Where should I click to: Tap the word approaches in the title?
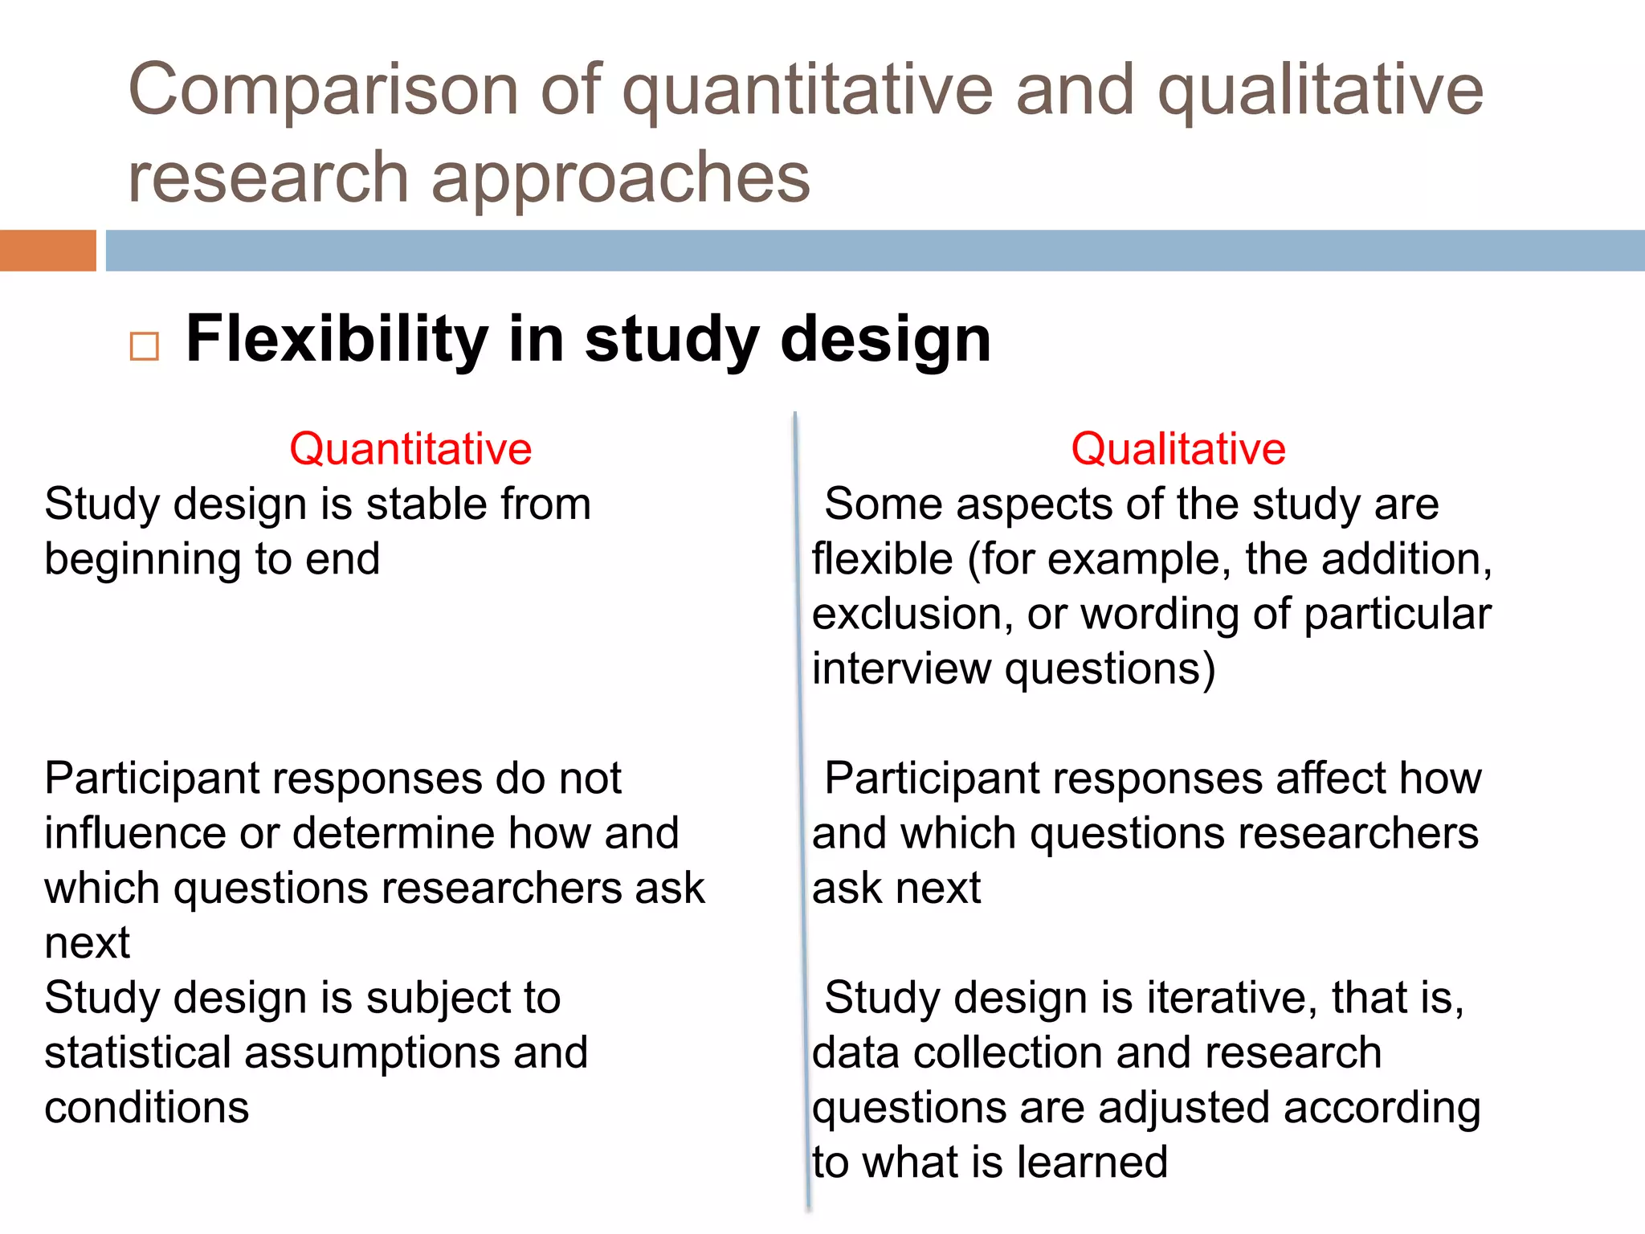coord(620,178)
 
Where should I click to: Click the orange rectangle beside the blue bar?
coord(47,251)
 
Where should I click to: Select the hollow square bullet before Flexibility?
coord(145,346)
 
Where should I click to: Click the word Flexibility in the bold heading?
coord(337,339)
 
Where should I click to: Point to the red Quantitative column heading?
coord(410,448)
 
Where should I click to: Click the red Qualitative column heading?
coord(1178,448)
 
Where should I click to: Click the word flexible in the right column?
coord(882,559)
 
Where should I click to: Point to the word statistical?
coord(137,1052)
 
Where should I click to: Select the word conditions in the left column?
coord(146,1108)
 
